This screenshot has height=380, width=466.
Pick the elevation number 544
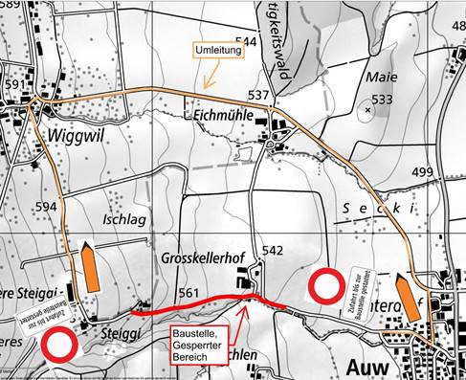246,42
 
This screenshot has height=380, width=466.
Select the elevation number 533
382,100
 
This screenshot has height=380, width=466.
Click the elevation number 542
274,251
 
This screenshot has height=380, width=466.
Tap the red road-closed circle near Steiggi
60,345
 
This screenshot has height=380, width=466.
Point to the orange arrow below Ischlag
90,268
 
